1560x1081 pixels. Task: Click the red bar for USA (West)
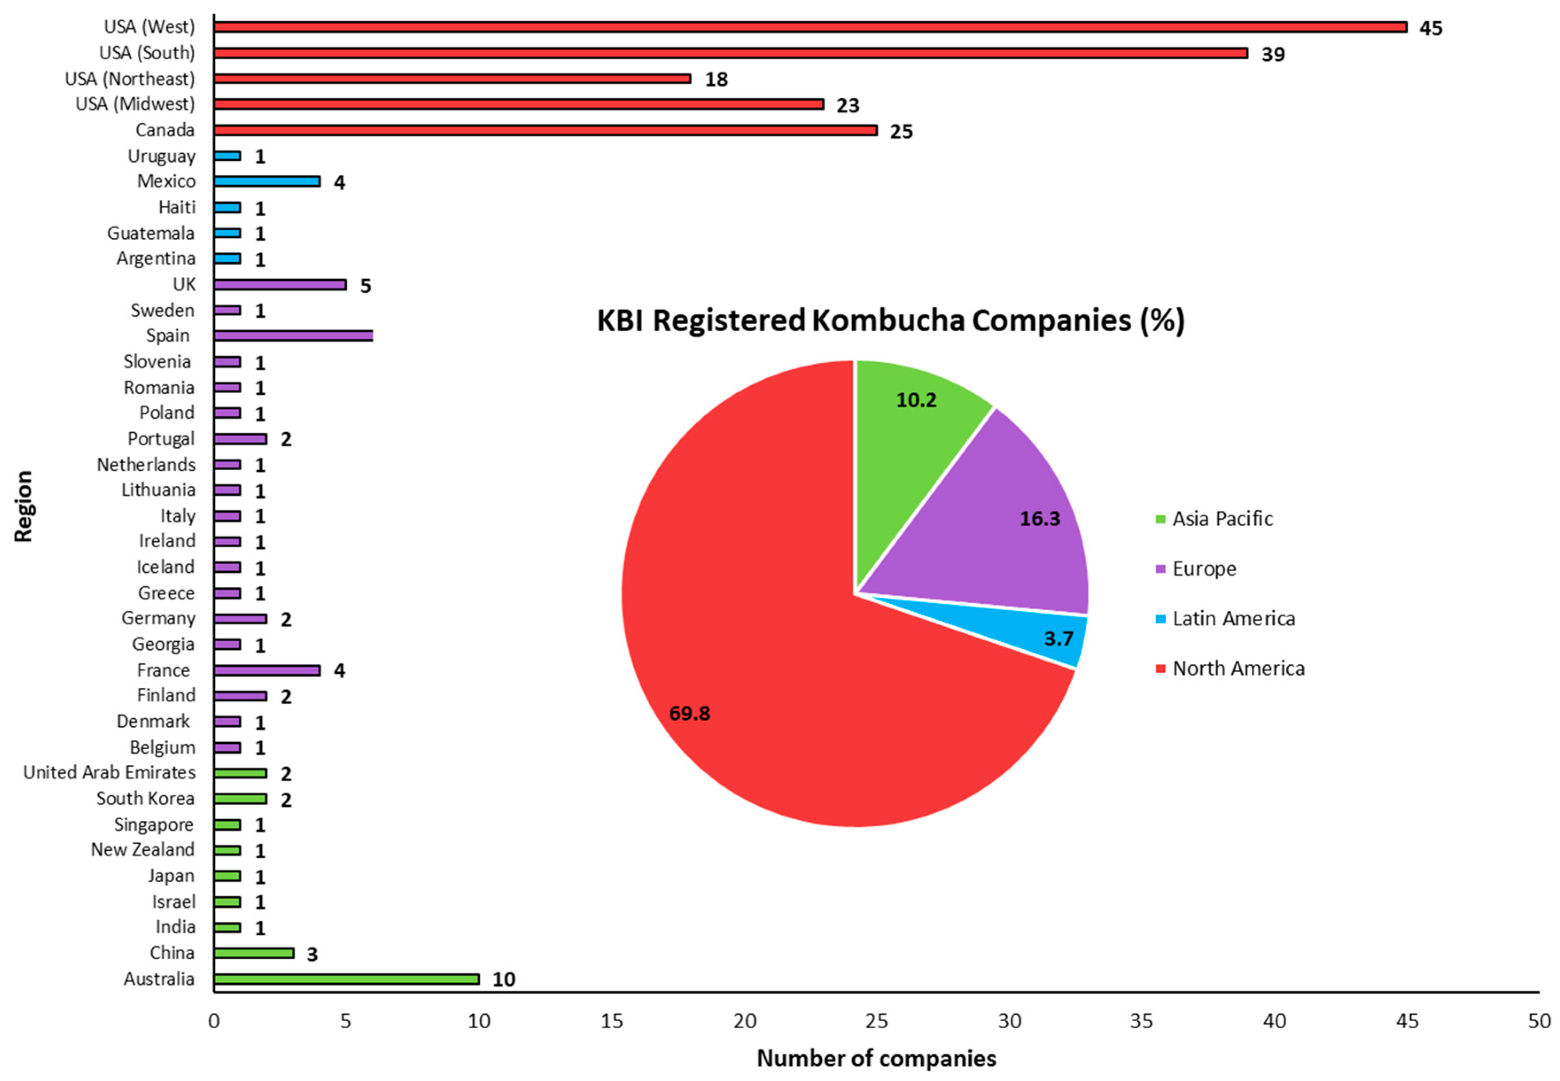810,27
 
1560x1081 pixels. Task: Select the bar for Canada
545,130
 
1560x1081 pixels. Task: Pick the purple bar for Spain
293,336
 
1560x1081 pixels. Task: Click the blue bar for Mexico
267,182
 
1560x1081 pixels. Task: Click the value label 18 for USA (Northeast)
716,80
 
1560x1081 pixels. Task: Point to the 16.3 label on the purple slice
1039,519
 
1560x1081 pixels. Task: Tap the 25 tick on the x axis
877,1021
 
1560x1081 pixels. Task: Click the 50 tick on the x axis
1538,1021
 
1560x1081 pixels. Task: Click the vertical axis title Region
24,507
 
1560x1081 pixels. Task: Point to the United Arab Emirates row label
109,773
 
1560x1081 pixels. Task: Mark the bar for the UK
280,284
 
